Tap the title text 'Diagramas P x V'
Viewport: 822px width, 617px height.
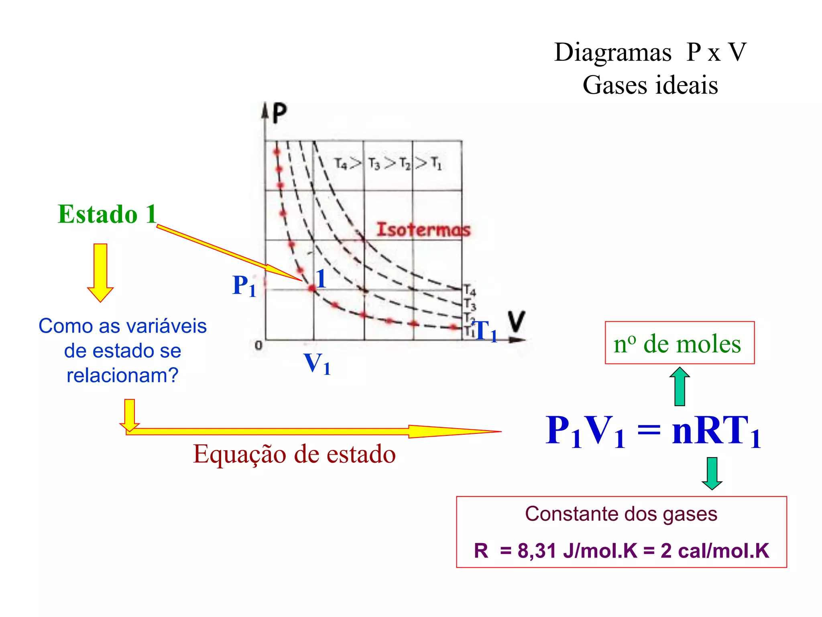(650, 52)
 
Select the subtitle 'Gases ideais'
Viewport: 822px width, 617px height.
(650, 85)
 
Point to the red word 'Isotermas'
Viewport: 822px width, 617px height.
(423, 230)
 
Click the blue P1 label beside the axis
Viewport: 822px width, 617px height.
(244, 286)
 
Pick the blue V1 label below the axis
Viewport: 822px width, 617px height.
(317, 364)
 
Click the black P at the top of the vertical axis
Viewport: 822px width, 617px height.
(279, 113)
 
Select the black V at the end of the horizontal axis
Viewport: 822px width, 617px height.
(516, 321)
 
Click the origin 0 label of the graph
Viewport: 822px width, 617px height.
(258, 345)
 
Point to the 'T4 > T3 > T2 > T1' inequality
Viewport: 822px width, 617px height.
(388, 164)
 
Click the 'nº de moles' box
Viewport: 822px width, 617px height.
(679, 343)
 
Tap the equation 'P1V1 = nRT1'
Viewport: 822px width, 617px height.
(653, 431)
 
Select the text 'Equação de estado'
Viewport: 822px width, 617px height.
(294, 454)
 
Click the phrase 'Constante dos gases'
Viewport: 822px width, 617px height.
(621, 514)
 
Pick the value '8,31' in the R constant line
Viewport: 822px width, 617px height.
(537, 551)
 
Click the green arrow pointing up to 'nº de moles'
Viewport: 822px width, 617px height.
(680, 386)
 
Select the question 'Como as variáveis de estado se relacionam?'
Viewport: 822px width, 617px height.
(122, 351)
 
